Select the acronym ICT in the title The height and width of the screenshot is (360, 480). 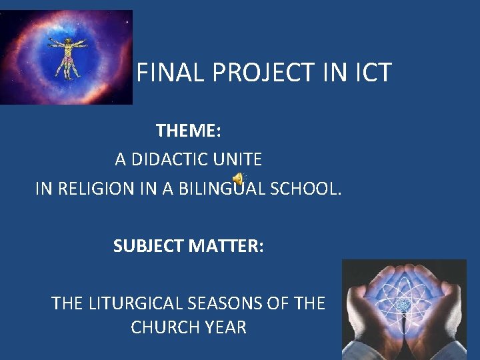[369, 73]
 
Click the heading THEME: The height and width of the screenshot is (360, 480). [188, 131]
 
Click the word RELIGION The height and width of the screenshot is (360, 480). [97, 189]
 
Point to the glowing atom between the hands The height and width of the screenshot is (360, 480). [403, 305]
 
